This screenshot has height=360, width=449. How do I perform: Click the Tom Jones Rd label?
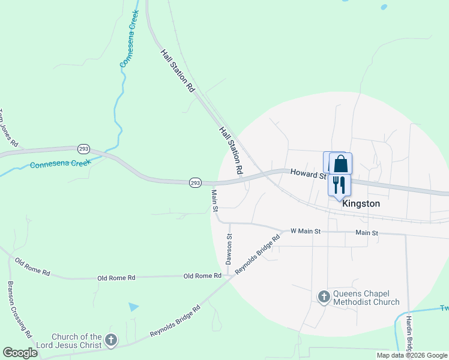point(8,128)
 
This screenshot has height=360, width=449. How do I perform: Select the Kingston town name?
point(361,203)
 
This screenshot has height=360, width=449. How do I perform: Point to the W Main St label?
point(306,231)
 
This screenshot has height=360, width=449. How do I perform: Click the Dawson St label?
point(229,250)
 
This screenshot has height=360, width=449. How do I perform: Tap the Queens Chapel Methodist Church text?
point(366,297)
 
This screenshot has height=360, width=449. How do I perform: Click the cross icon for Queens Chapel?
point(324,296)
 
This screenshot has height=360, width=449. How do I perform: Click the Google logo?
point(20,353)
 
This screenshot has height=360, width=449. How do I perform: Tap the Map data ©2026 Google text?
point(411,355)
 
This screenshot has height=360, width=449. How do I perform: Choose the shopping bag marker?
point(340,164)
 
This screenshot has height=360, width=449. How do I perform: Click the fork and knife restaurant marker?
point(339,184)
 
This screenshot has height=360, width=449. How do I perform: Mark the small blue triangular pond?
point(133,307)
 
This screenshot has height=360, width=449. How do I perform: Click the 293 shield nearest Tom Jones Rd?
point(83,148)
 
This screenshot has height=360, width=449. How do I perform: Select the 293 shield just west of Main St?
point(194,182)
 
